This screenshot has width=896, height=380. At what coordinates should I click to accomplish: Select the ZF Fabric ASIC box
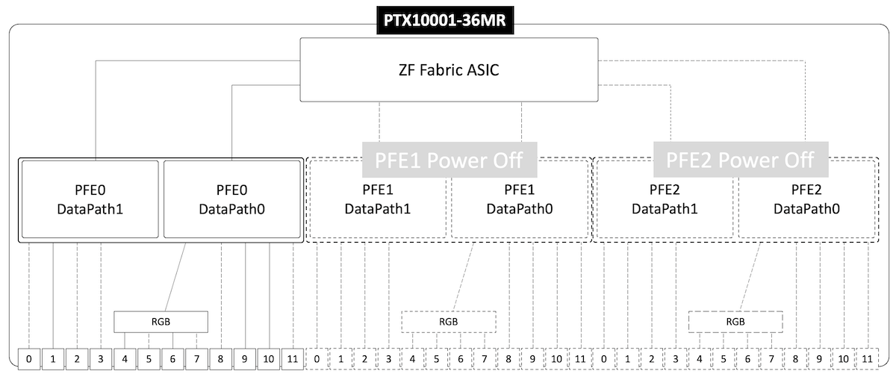click(448, 70)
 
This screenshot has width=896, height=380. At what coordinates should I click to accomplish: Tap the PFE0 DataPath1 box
click(89, 199)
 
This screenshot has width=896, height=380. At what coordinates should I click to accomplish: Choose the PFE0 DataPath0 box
click(232, 199)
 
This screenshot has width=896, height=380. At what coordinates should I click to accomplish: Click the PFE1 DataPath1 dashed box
click(377, 199)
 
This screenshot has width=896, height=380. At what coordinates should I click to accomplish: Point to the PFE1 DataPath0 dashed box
click(520, 199)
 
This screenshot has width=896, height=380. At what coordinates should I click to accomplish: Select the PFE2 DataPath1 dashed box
click(664, 199)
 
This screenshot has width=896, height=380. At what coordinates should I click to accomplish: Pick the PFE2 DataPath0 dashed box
click(806, 199)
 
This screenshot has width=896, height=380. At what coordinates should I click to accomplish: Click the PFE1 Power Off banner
click(449, 160)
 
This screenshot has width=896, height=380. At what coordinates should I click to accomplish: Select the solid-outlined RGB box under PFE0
click(161, 322)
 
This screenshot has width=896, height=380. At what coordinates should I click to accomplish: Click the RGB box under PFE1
click(449, 322)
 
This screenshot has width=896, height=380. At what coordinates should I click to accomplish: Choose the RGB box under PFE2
click(735, 322)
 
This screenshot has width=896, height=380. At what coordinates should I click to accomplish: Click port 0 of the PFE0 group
click(28, 359)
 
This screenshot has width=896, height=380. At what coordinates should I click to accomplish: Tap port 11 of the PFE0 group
click(293, 359)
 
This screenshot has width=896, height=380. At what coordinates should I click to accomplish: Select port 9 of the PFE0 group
click(245, 359)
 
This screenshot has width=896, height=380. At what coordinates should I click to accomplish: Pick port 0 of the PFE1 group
click(317, 359)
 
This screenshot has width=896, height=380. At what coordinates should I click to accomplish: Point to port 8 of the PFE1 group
click(508, 359)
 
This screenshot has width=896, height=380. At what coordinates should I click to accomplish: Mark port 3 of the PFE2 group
click(676, 359)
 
